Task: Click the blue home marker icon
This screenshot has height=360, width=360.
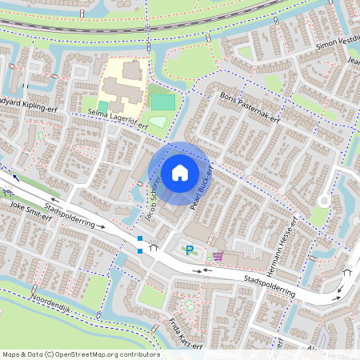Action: (180, 172)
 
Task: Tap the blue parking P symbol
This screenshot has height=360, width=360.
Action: (190, 251)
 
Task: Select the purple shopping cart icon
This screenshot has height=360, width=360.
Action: (218, 256)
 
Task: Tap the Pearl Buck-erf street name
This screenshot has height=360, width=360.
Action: (201, 190)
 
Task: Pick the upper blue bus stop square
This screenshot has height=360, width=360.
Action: (140, 238)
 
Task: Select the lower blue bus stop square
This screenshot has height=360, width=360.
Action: (140, 251)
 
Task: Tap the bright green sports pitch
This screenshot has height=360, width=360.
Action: (163, 102)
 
